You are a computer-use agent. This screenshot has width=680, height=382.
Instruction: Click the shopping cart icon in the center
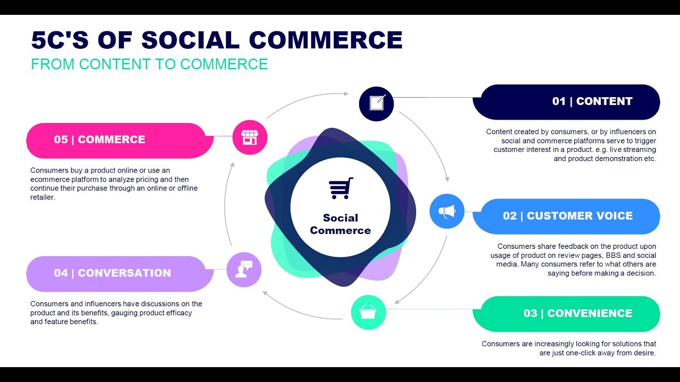(x=341, y=188)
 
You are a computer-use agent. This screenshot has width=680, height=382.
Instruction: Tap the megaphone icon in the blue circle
(x=447, y=212)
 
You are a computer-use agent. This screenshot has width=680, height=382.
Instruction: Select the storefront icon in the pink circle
(x=250, y=137)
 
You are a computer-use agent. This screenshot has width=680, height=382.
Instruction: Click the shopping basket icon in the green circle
(x=368, y=312)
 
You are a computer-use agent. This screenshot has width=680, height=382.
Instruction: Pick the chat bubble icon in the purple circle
(x=244, y=269)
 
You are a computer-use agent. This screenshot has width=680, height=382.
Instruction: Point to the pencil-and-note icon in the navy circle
(x=377, y=102)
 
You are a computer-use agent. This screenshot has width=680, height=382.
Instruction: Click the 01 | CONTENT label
(x=592, y=101)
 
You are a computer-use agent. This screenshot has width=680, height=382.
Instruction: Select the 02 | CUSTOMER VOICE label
(x=567, y=216)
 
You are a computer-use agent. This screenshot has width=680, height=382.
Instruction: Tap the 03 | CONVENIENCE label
(x=577, y=313)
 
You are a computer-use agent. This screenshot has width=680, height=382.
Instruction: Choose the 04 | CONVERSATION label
(x=112, y=273)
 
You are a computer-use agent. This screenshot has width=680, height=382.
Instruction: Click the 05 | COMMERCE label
(x=99, y=140)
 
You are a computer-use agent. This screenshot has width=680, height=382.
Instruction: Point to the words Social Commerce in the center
(x=341, y=224)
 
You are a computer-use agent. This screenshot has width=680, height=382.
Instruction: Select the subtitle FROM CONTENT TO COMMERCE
(x=149, y=64)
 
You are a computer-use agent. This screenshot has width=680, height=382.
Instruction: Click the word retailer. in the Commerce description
(x=42, y=197)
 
